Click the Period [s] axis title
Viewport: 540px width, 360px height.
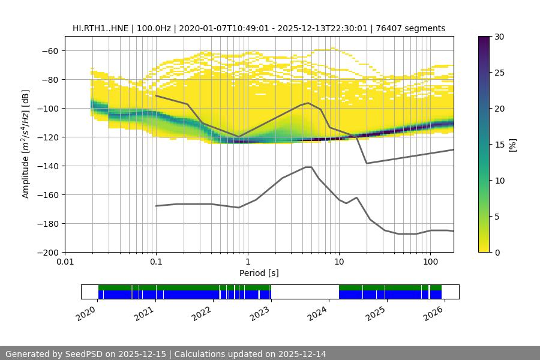pos(259,273)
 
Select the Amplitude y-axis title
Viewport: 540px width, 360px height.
pos(25,144)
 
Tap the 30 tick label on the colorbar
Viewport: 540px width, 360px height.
pos(499,37)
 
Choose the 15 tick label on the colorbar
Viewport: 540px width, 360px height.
pos(499,145)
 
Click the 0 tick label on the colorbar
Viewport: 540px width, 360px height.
pos(496,252)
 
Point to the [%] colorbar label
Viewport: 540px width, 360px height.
pos(512,145)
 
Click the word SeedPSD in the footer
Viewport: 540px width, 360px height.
pos(83,354)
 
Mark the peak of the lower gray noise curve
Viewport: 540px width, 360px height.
pos(308,167)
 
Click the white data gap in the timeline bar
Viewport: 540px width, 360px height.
pos(305,292)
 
